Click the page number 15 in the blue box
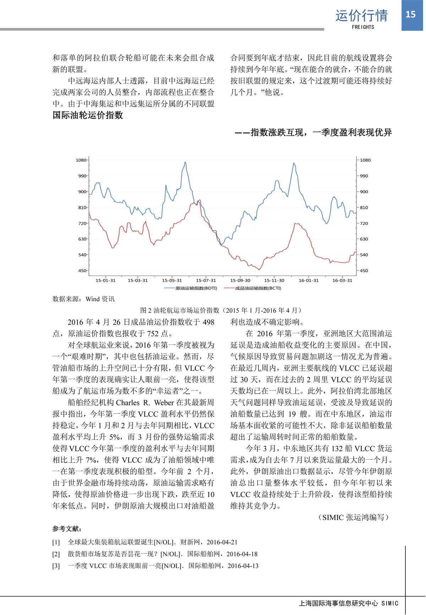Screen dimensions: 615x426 410,14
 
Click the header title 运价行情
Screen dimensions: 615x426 361,16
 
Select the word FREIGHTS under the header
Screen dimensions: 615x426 363,27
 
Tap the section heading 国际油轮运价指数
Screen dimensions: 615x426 88,115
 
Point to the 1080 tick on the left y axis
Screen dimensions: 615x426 81,160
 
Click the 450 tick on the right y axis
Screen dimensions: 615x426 364,271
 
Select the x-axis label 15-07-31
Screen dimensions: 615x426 206,280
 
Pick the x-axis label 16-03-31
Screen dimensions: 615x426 342,280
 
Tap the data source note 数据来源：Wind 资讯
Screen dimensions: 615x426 83,299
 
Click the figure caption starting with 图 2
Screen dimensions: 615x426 221,311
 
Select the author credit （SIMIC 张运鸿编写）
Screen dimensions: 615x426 353,517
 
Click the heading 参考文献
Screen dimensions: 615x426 67,529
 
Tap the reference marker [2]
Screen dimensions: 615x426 56,554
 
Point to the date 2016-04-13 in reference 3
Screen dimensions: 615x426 243,566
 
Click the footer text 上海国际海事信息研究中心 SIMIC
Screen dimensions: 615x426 348,603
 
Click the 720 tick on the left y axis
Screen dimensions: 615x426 82,223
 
